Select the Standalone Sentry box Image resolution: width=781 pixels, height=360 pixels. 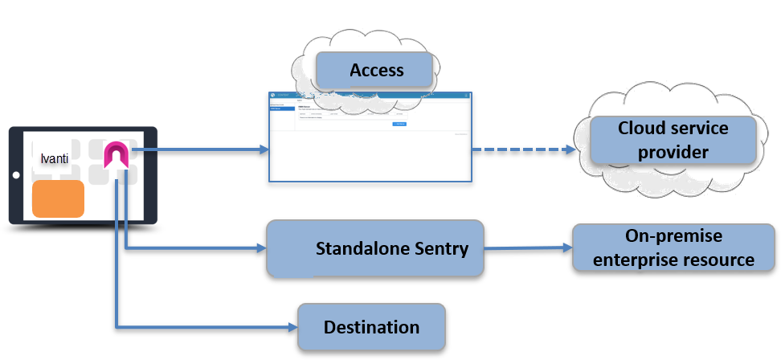376,248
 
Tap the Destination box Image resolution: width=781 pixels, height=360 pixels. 371,327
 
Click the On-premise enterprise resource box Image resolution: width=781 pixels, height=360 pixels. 673,248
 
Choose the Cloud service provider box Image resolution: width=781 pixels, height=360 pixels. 673,141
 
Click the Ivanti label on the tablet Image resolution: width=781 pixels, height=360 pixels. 55,159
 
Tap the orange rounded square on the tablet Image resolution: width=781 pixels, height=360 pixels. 58,199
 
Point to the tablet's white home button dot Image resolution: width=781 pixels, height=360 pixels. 15,174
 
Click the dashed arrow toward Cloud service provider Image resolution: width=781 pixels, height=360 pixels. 522,149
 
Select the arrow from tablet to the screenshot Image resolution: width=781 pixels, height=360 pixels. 201,149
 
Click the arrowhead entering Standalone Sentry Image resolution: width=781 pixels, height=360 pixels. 260,248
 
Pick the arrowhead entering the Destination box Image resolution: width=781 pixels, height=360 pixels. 292,326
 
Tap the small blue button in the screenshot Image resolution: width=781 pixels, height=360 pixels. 399,124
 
